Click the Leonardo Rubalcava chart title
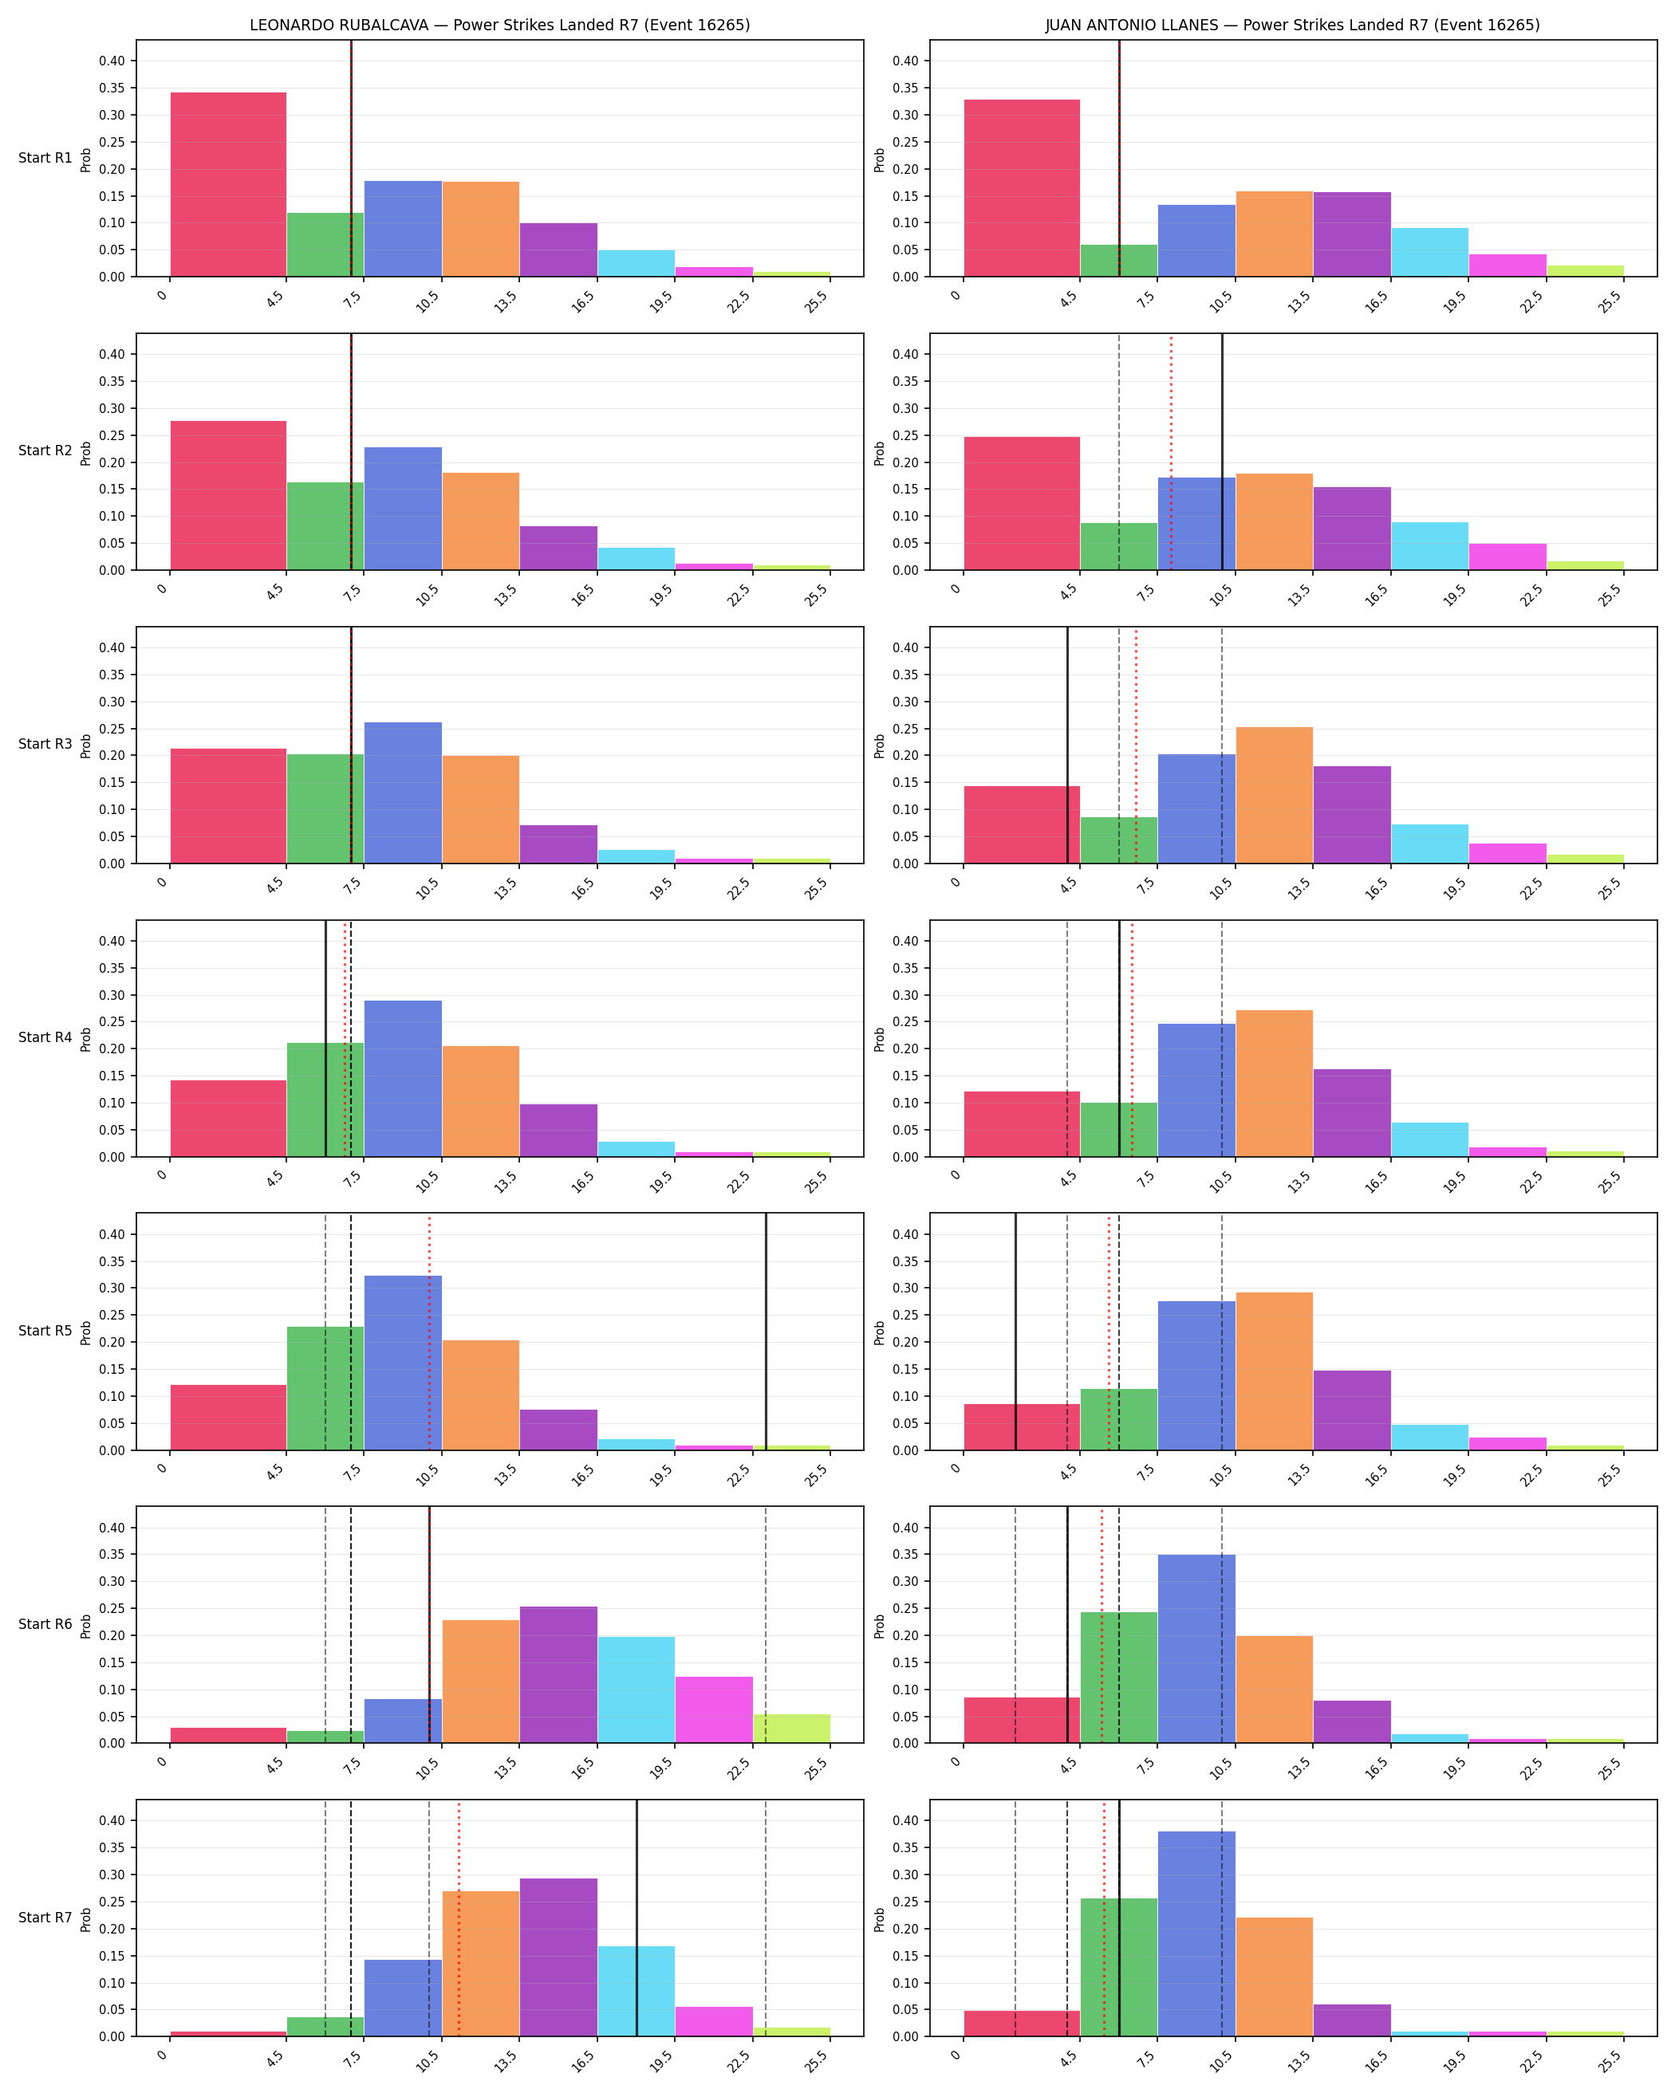499,26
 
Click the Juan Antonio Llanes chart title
1291,26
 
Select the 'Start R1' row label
45,158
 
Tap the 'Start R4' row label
45,1038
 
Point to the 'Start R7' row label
45,1918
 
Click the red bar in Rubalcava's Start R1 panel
228,184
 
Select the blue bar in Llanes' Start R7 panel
1196,1934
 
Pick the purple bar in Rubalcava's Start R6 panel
558,1674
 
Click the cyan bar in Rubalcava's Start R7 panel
636,1991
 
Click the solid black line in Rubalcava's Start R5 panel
767,1332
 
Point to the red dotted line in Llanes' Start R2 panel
1171,451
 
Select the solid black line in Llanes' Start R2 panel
1223,451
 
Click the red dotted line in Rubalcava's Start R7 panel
459,1918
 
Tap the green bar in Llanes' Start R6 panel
1118,1678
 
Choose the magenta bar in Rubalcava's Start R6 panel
714,1709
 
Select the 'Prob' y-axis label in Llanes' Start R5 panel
880,1332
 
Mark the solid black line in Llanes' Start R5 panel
1015,1332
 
